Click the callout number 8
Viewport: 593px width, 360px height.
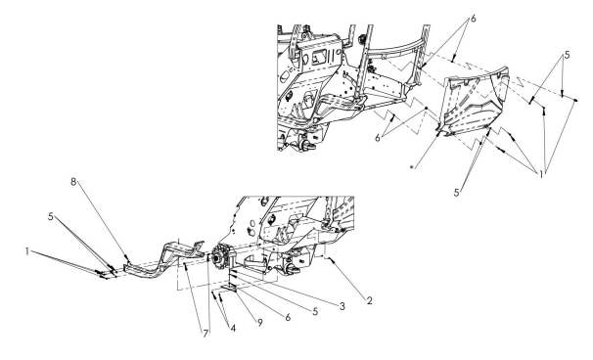coord(73,182)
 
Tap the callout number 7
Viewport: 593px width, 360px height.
coord(205,334)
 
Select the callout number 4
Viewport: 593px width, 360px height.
coord(233,329)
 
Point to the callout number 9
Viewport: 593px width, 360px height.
coord(260,323)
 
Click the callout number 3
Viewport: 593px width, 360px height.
coord(342,306)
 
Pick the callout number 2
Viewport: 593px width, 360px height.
coord(370,300)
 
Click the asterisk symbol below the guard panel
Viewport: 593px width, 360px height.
coord(412,166)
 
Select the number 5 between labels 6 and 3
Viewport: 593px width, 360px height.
coord(315,312)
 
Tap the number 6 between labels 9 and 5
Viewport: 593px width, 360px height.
coord(288,317)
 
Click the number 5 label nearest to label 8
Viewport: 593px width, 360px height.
coord(51,216)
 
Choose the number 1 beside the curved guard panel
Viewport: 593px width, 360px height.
coord(541,175)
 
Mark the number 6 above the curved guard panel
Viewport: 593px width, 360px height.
coord(473,19)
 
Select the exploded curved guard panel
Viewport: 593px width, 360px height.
coord(475,103)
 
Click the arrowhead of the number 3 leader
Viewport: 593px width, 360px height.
coord(233,271)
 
